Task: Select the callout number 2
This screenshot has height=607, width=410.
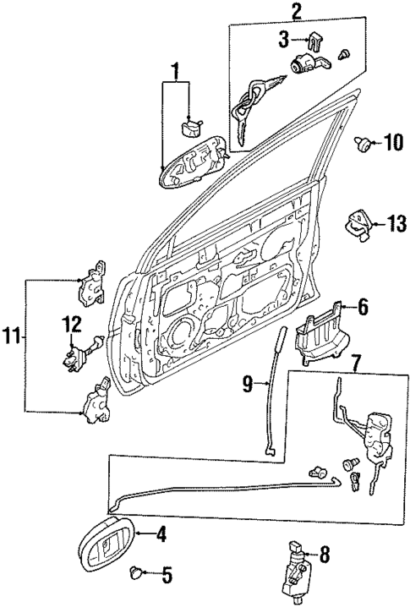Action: click(x=296, y=11)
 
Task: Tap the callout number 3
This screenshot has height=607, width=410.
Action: click(x=285, y=38)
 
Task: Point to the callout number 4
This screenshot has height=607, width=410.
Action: click(x=161, y=533)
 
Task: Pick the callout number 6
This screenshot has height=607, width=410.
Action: click(x=363, y=308)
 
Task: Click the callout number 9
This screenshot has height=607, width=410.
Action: click(x=248, y=385)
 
